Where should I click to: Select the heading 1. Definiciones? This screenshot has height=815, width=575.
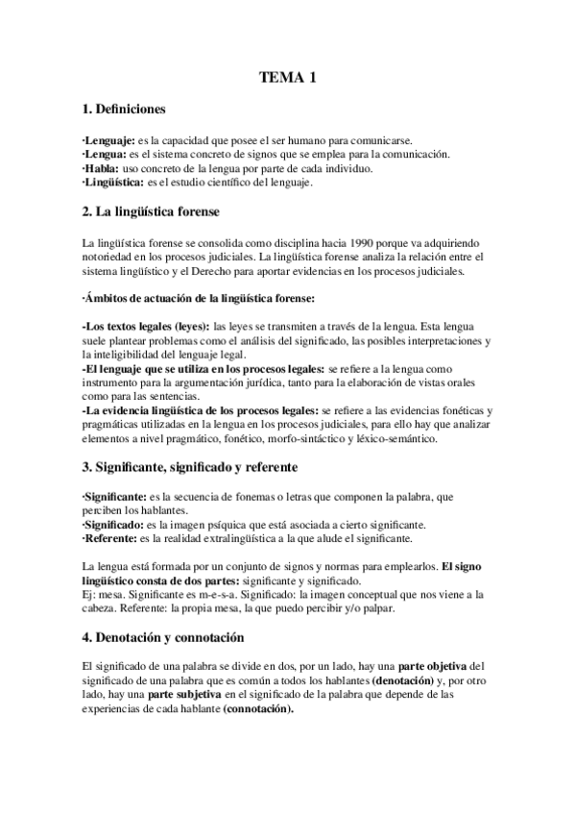[124, 110]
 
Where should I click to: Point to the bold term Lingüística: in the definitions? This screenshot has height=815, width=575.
[114, 182]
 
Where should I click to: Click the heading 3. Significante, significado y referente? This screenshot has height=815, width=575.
[190, 467]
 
